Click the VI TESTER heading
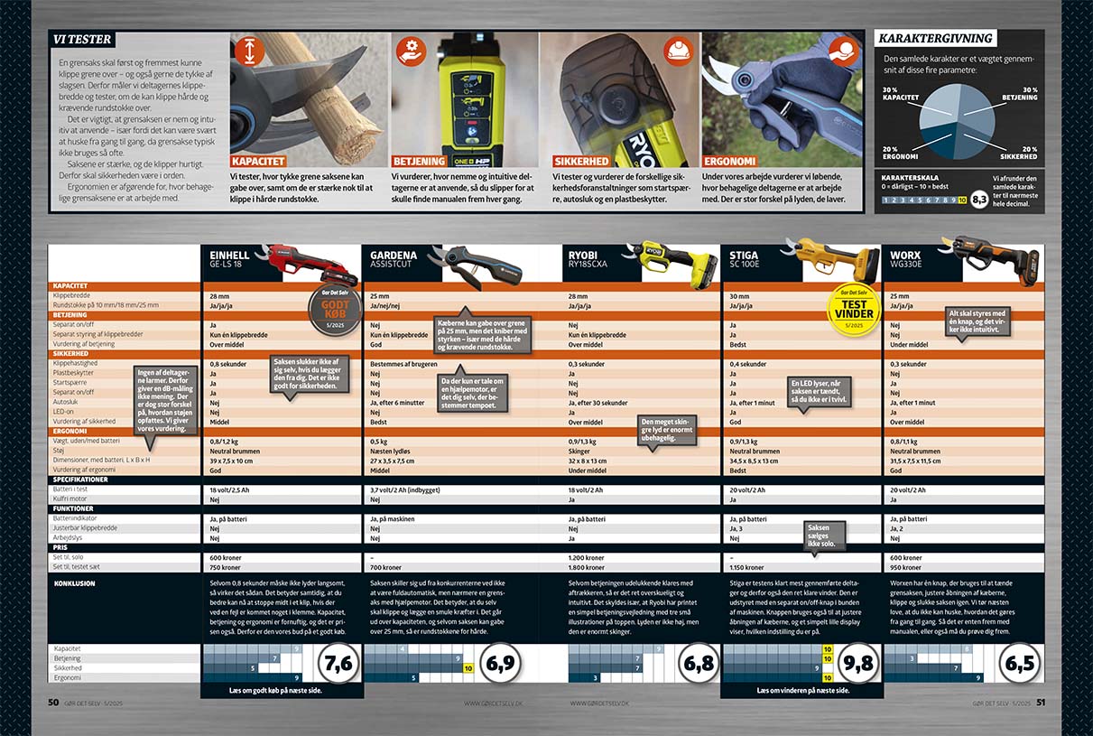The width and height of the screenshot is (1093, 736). click(82, 40)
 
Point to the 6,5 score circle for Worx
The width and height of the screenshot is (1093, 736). click(1020, 664)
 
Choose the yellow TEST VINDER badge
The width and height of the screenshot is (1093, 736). click(853, 310)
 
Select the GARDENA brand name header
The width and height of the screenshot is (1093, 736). click(394, 256)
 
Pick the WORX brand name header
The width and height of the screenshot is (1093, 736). click(905, 256)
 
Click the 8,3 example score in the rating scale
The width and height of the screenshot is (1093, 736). click(978, 200)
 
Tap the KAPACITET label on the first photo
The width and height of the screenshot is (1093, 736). click(257, 161)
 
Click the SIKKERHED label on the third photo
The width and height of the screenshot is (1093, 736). click(580, 161)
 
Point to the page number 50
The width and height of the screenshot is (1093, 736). click(53, 702)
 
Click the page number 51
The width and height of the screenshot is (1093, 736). click(1040, 702)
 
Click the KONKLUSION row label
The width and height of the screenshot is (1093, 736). click(74, 583)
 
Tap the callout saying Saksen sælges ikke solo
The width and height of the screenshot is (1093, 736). click(818, 535)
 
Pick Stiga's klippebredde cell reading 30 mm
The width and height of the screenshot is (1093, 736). click(740, 296)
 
